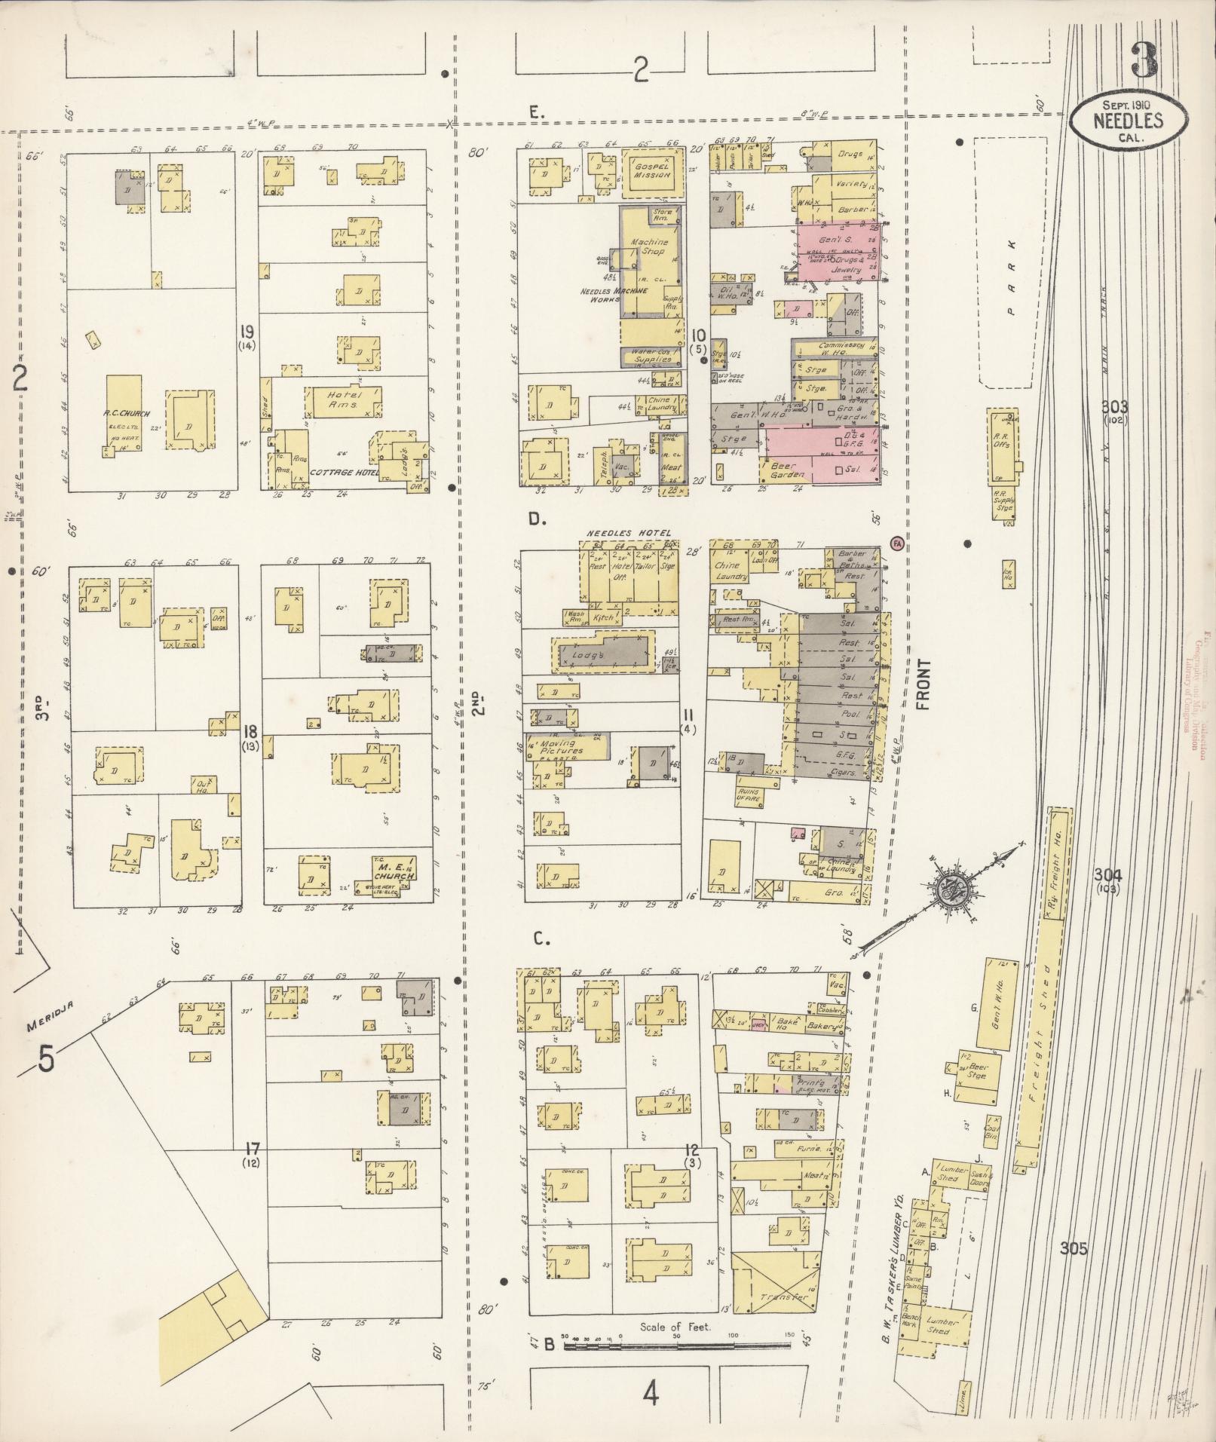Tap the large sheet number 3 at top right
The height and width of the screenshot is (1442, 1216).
point(1144,60)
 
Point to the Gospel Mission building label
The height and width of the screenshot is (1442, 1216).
point(652,170)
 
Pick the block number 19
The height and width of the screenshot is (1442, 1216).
point(247,332)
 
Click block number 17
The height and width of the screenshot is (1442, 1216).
point(252,1150)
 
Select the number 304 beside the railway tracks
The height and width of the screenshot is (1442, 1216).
point(1108,875)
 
